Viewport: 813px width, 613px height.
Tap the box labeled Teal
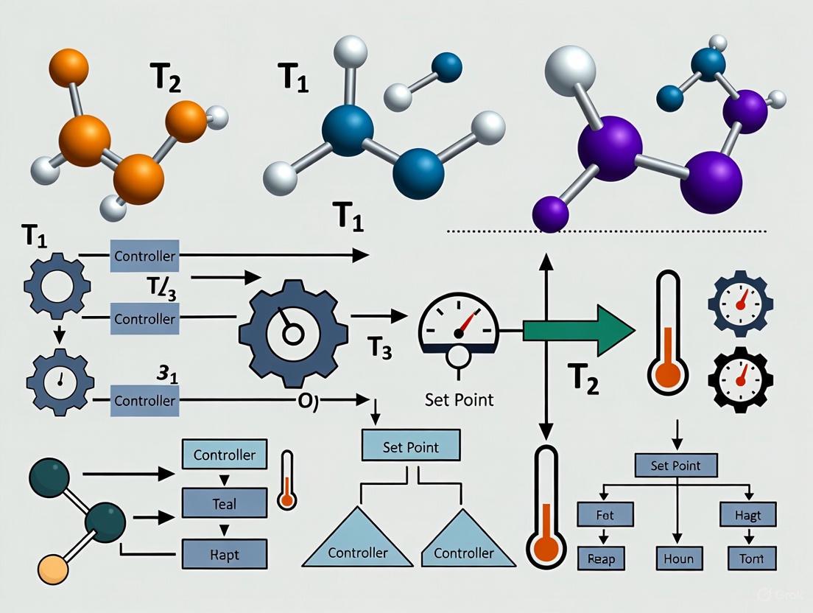tap(225, 504)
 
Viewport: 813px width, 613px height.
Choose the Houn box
tap(678, 558)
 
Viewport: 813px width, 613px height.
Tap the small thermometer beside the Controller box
tap(287, 480)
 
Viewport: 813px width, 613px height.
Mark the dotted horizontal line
tap(608, 231)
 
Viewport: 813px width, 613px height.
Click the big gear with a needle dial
tap(293, 326)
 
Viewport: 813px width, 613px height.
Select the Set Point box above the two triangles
tap(411, 447)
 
